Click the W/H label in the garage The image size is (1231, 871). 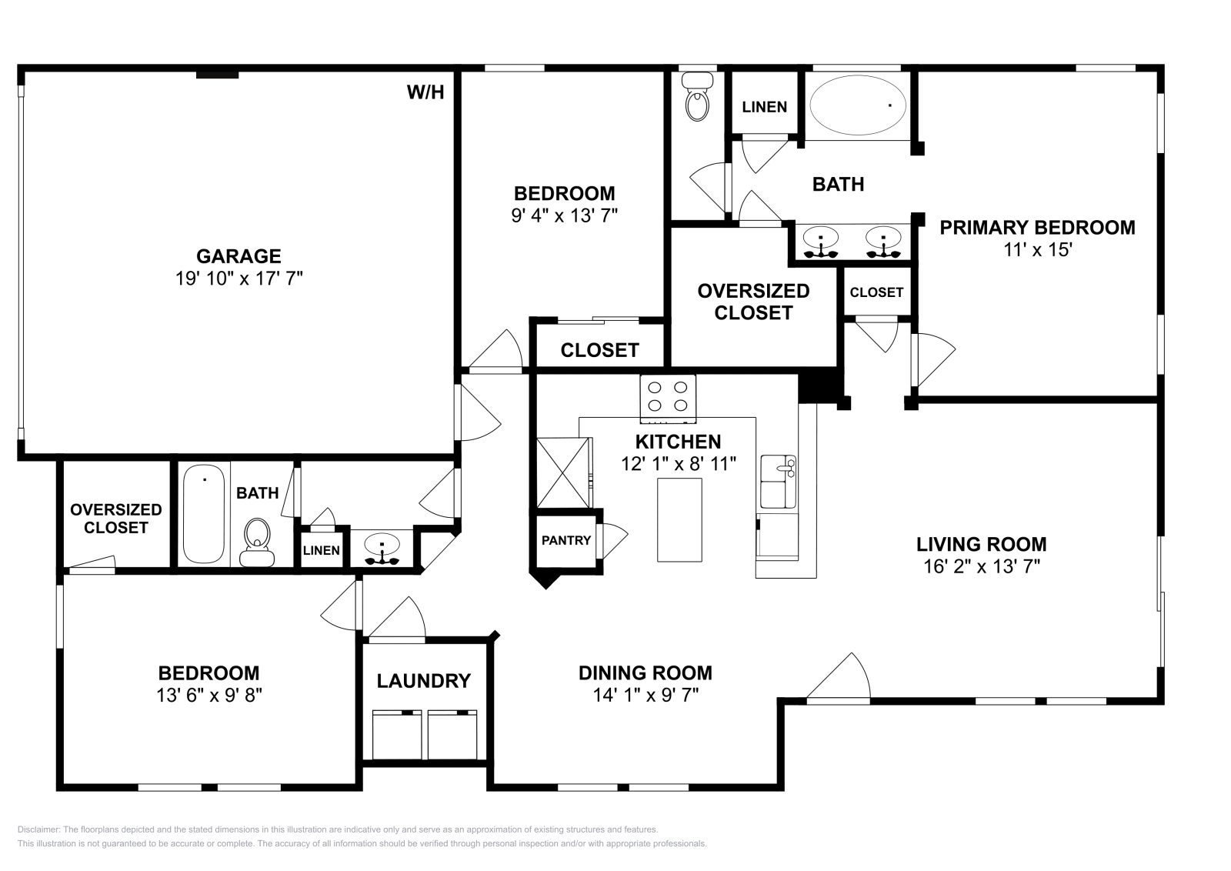click(x=425, y=92)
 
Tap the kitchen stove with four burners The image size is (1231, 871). click(x=668, y=397)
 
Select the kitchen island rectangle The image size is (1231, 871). click(x=679, y=519)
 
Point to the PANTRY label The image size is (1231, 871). click(x=566, y=540)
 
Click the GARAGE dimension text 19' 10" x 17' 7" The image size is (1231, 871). click(x=239, y=279)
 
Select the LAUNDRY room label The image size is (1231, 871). click(x=423, y=681)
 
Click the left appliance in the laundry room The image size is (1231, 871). click(x=397, y=735)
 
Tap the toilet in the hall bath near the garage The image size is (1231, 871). click(x=257, y=540)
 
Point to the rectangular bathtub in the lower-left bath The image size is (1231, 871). click(x=205, y=516)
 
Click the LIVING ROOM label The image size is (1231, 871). click(x=981, y=544)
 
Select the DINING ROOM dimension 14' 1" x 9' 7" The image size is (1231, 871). click(x=645, y=695)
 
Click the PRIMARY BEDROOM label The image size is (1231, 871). click(x=1037, y=228)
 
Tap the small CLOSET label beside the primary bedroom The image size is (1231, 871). click(x=876, y=292)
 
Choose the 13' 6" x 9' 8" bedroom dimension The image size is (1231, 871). click(x=209, y=695)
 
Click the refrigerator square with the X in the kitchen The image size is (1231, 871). click(x=562, y=472)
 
